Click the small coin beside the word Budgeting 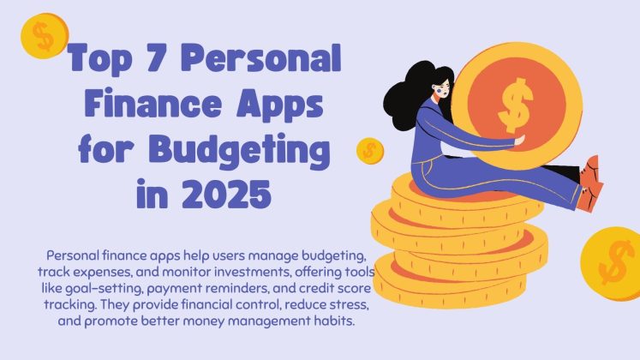coord(370,150)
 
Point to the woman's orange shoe coord(590,183)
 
